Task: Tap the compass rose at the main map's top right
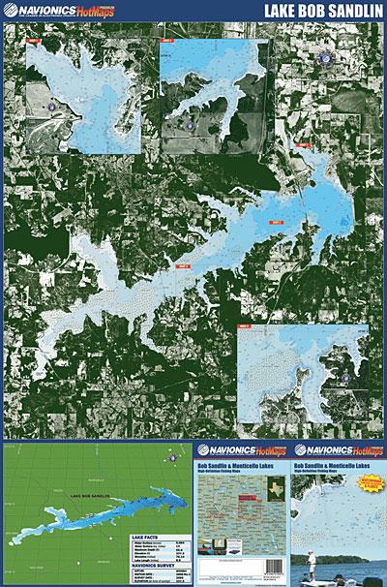(x=322, y=60)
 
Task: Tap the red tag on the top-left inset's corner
(x=35, y=44)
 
